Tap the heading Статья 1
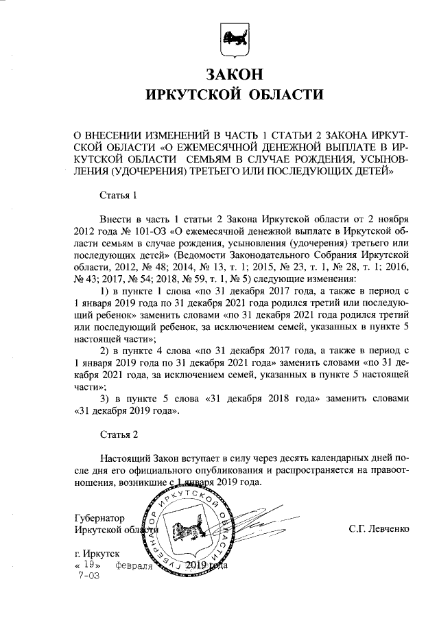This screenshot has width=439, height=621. pos(119,195)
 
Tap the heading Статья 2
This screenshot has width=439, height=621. pos(119,435)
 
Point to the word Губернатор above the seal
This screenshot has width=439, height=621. pos(102,517)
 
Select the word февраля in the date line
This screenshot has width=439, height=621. pos(134,566)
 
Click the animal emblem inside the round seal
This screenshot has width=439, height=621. pos(184,532)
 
